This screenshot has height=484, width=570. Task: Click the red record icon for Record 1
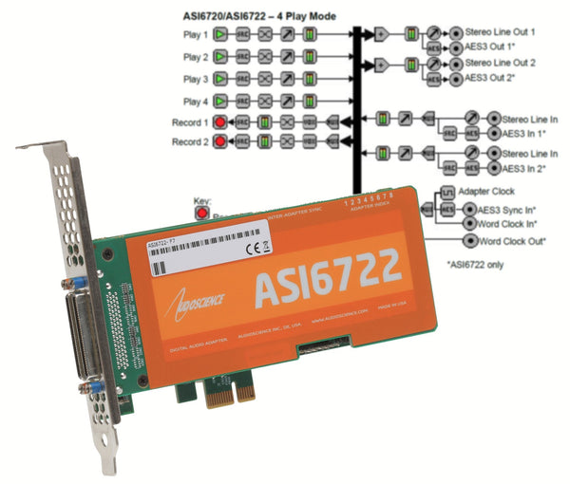(220, 122)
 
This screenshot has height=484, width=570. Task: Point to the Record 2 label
(191, 142)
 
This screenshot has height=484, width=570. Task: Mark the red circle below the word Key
(201, 214)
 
